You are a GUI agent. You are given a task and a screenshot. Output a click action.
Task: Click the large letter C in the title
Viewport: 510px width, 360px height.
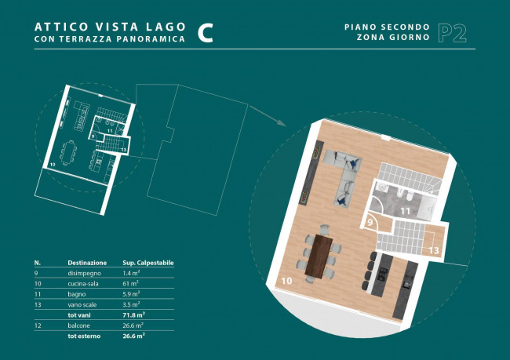point(206,33)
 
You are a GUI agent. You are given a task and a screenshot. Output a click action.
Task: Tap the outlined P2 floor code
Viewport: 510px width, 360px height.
point(453,33)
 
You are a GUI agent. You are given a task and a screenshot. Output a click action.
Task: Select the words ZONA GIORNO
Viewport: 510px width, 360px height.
point(393,37)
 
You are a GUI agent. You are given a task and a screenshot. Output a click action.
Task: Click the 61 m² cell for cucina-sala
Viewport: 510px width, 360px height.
point(130,283)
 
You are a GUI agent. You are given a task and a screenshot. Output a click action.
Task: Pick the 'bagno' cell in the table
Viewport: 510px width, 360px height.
point(77,294)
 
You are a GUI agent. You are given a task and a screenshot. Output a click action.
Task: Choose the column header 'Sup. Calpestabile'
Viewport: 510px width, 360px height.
point(148,263)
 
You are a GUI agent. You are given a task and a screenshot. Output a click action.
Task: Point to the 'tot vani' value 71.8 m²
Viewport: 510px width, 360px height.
point(133,315)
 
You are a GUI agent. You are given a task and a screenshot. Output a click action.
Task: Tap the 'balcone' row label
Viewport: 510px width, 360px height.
point(78,325)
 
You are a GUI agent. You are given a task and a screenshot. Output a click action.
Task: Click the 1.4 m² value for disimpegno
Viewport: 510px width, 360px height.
point(131,273)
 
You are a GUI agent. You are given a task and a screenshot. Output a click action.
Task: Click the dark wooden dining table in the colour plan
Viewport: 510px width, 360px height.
point(319,257)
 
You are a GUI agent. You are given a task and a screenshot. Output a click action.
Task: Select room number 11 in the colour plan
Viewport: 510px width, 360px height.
point(406,212)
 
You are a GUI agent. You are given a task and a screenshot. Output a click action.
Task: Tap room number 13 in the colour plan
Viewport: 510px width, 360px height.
point(434,250)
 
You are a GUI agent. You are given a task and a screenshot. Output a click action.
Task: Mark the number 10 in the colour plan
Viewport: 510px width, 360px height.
point(286,280)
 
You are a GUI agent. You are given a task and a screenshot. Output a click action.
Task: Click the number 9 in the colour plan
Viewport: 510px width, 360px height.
point(370,223)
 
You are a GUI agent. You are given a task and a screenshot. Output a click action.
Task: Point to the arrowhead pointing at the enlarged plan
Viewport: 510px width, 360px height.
point(282,123)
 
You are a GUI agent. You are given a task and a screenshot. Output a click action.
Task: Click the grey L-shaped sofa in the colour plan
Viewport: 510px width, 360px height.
point(343,177)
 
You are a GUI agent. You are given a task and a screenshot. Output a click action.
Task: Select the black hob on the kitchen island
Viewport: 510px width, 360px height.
point(383,275)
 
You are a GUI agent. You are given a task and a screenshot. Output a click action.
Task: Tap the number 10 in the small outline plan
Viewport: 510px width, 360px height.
point(53,165)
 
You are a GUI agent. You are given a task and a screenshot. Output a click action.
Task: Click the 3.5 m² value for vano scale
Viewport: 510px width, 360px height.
point(131,304)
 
